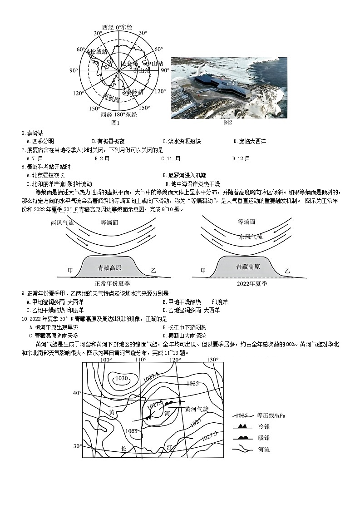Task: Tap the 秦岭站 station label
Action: pos(134,92)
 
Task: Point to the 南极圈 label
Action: pos(111,97)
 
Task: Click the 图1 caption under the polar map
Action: pos(115,123)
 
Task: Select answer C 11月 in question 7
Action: pos(171,158)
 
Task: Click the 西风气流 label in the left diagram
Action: pos(62,223)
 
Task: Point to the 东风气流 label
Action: pos(251,237)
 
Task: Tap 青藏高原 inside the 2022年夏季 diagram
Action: pos(248,267)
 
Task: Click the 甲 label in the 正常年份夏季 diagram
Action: pos(70,270)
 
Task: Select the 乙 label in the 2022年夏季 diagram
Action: pos(287,271)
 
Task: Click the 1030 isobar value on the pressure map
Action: pos(122,378)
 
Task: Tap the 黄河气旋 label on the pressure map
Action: pos(197,409)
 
